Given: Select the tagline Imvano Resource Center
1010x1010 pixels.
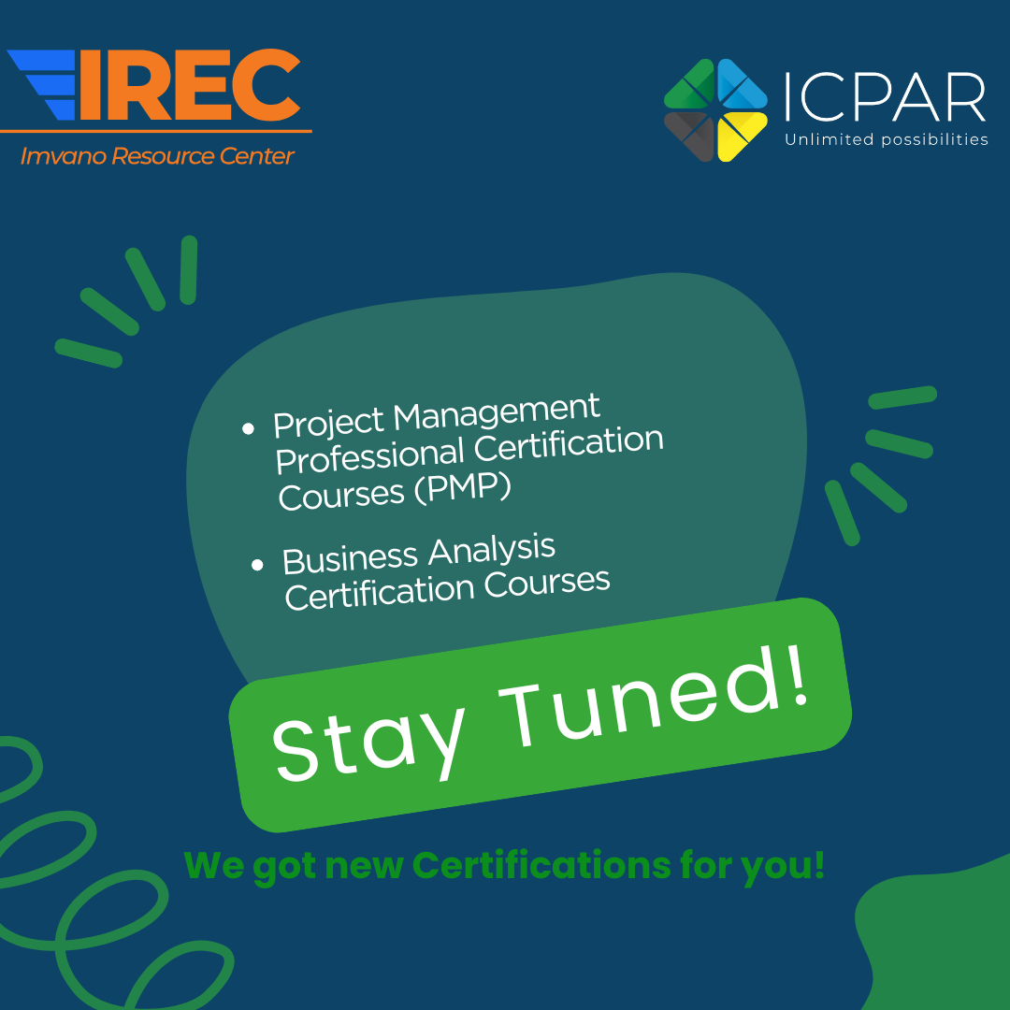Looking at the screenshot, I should pos(157,156).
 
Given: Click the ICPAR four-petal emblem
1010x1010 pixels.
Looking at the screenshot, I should pos(715,109).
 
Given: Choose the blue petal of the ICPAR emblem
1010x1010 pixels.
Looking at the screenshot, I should pos(741,86).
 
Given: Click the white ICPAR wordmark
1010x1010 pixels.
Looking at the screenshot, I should pos(885,98).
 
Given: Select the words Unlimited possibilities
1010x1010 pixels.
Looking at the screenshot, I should pos(886,139).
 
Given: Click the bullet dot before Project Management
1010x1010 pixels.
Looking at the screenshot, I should pos(248,428).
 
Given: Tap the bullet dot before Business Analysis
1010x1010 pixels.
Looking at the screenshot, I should pos(258,565).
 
